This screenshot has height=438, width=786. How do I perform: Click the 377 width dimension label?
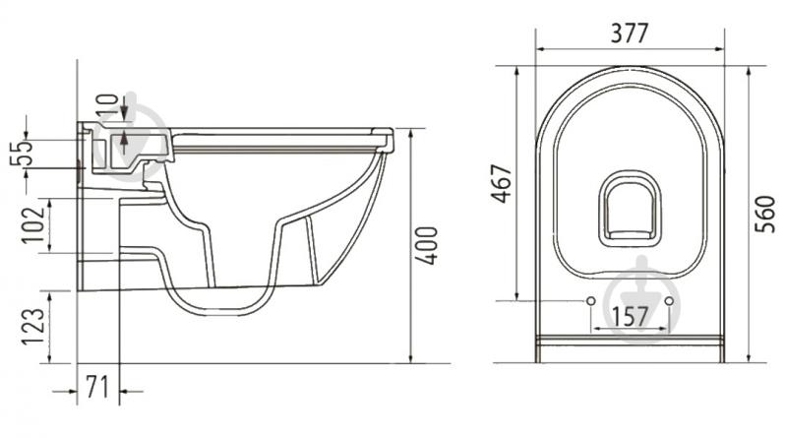point(630,33)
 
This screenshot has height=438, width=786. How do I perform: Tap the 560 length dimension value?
point(765,215)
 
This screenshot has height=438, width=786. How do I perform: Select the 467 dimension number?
point(502,183)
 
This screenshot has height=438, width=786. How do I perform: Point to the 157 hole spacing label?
point(631,317)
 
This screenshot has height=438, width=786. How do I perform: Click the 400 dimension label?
point(428,246)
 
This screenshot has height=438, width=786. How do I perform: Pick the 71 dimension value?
point(96,387)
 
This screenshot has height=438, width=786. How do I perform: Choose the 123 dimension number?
point(33,326)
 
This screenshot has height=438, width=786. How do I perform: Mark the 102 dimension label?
point(33,223)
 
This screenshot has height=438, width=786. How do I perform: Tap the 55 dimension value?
point(22,153)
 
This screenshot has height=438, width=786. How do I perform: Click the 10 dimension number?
point(108,107)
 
